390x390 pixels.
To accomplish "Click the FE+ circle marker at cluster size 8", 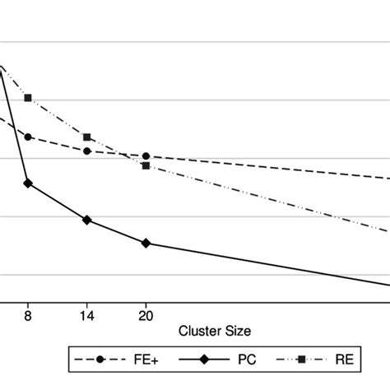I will click(28, 137).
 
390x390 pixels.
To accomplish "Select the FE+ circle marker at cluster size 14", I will click(87, 151).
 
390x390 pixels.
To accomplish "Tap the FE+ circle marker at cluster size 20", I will click(146, 156).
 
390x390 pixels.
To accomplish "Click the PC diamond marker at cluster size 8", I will click(28, 183).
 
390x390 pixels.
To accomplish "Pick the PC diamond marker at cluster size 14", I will click(87, 221).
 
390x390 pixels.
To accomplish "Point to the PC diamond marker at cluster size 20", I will click(146, 244).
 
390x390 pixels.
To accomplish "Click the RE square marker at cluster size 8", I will click(28, 98).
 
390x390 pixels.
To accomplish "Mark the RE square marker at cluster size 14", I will click(87, 137).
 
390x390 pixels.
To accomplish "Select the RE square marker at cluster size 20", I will click(146, 166).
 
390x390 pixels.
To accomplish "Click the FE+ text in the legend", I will click(137, 360).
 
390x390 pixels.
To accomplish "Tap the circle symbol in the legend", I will click(100, 360).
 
